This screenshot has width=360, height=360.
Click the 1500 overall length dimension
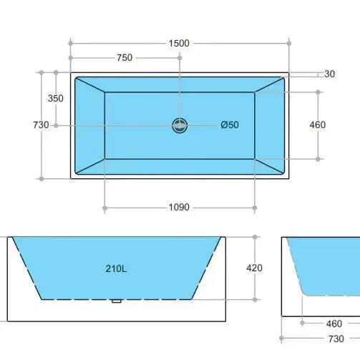click(180, 43)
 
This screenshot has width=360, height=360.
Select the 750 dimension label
click(125, 58)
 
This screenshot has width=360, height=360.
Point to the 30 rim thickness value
click(329, 74)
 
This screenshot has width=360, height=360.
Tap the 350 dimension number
click(55, 98)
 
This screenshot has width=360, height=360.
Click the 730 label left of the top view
click(41, 125)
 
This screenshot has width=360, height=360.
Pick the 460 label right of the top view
click(317, 125)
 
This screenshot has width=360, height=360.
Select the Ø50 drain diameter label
click(230, 125)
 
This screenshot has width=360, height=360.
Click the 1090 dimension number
click(179, 208)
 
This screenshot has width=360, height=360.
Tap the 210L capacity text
click(115, 269)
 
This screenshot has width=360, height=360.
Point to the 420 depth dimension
click(253, 268)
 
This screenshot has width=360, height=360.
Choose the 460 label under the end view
click(334, 323)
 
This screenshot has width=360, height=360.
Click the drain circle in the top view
click(180, 125)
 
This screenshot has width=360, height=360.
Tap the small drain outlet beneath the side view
click(116, 301)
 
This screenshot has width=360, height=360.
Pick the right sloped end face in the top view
click(271, 125)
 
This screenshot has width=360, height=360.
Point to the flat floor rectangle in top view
click(143, 143)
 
